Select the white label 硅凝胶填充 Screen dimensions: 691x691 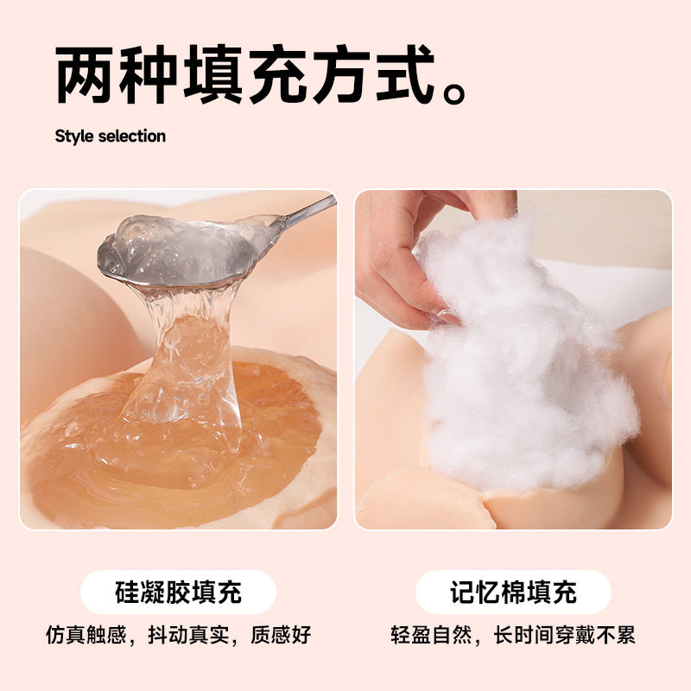click(x=178, y=593)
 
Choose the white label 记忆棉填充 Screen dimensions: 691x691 click(x=513, y=593)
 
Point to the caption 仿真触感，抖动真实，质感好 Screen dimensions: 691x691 click(x=178, y=637)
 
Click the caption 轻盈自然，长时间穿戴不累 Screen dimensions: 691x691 click(x=513, y=637)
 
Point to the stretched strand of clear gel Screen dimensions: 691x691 click(x=186, y=345)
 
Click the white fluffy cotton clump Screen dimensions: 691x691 click(x=518, y=363)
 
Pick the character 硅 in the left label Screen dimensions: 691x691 click(x=126, y=593)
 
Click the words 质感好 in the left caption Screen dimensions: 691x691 click(x=280, y=637)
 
